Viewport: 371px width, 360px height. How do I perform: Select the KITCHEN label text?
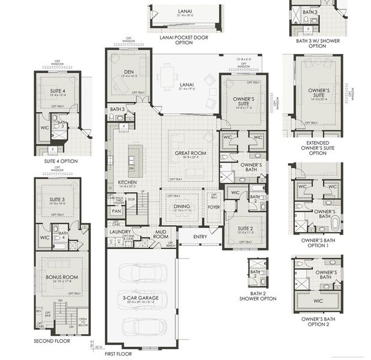click(x=127, y=182)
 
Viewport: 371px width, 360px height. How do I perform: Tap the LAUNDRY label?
click(x=120, y=231)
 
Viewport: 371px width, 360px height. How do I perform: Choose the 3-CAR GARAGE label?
click(x=142, y=296)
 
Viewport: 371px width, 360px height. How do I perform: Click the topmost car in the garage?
click(x=142, y=273)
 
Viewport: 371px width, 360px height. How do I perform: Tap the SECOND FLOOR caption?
click(x=52, y=341)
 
